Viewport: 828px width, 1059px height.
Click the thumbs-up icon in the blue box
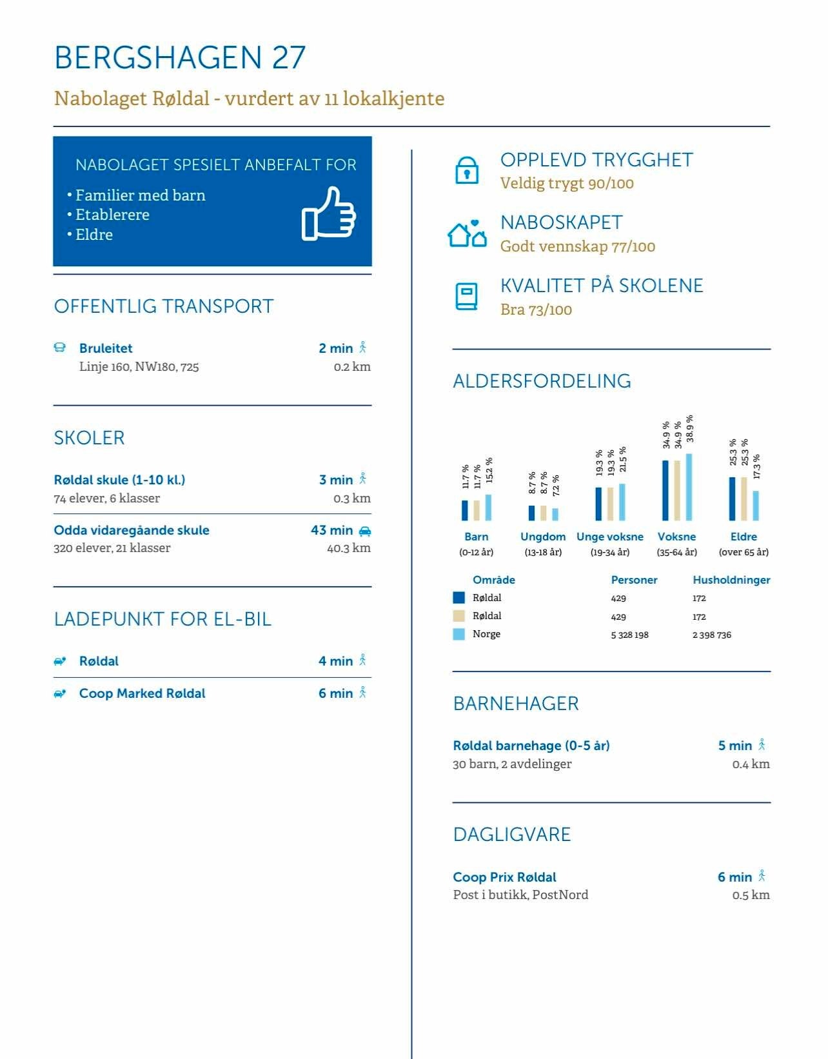pos(329,214)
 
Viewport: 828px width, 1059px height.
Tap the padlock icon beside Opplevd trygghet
pos(466,170)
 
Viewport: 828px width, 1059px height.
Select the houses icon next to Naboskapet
pos(467,233)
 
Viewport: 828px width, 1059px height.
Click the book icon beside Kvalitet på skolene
pos(466,296)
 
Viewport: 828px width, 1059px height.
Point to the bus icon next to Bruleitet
pos(60,348)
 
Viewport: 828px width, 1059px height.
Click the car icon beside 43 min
pos(364,531)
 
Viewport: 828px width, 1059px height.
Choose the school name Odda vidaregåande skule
pos(132,530)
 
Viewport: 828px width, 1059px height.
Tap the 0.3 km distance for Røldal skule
pos(352,499)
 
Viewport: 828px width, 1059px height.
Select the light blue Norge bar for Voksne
pos(689,487)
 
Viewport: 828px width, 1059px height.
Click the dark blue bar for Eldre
pos(732,499)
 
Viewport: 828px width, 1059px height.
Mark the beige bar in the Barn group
pos(477,510)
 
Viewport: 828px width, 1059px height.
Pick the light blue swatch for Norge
pos(459,635)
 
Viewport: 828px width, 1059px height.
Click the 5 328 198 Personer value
pos(629,635)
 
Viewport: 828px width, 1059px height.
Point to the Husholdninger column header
pos(731,580)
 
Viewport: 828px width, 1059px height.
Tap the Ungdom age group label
pos(543,537)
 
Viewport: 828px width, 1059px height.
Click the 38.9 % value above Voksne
pos(689,428)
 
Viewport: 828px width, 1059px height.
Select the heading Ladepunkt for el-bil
pos(163,619)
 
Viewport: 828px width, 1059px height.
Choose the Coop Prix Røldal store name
pos(504,877)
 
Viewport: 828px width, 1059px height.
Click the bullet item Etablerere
pos(112,215)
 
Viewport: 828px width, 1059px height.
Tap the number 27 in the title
pos(288,58)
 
